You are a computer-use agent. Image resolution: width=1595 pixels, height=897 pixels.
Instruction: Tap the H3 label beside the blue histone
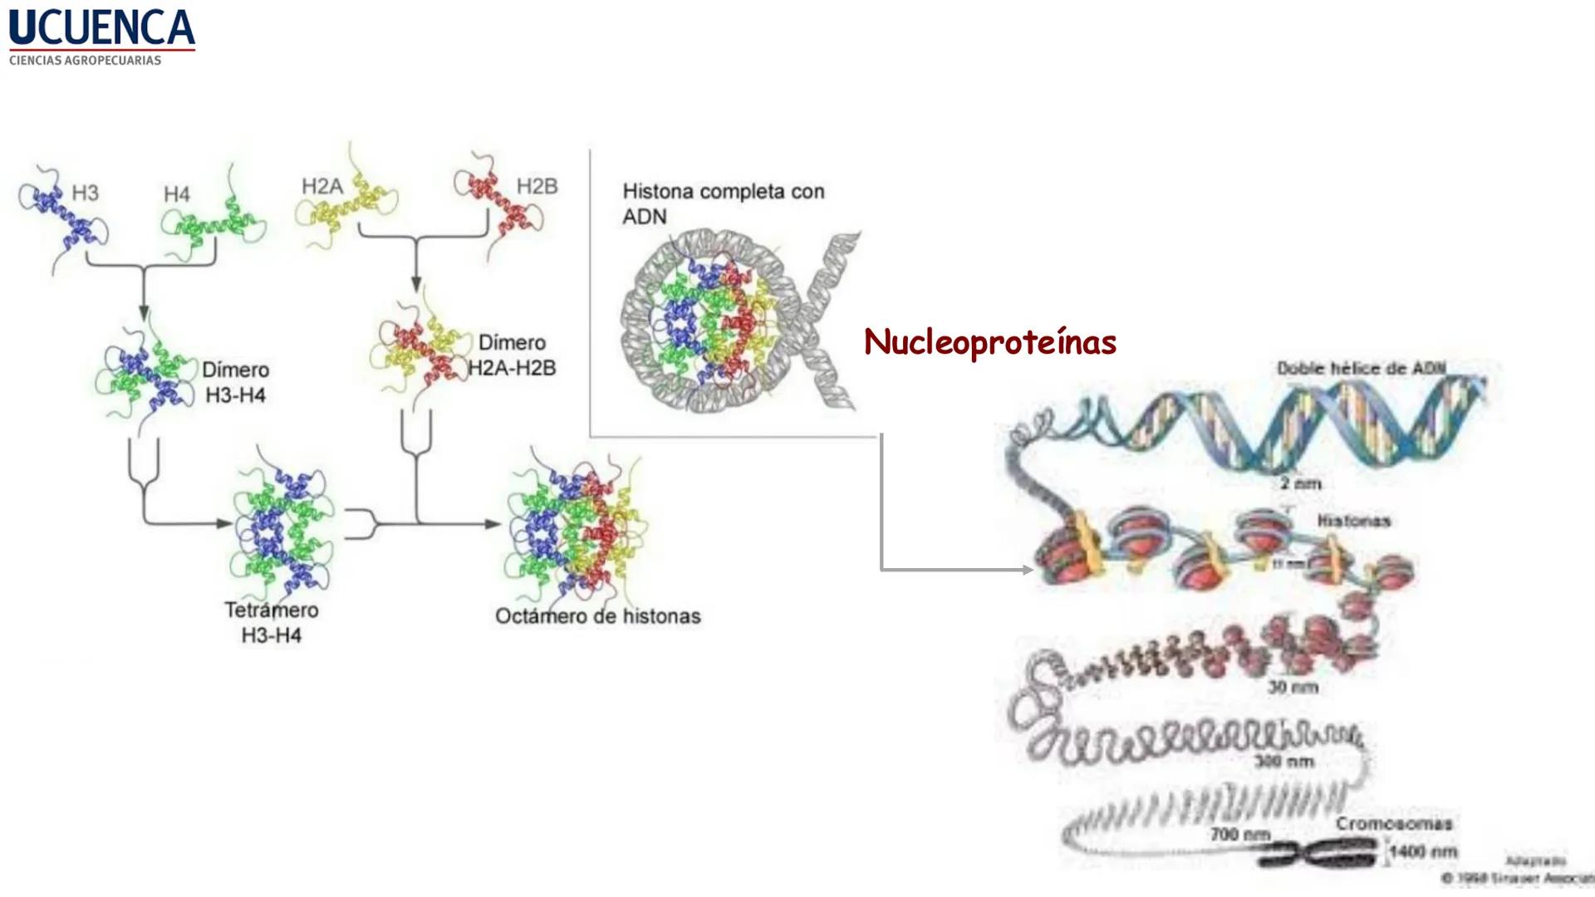point(85,193)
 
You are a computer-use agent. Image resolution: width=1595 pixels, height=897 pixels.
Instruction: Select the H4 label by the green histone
point(176,194)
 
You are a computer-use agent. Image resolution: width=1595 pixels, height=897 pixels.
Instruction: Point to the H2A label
point(321,186)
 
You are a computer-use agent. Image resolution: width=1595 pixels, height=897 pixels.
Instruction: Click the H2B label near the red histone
point(537,186)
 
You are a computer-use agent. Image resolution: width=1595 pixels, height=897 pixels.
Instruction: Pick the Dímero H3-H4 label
point(236,382)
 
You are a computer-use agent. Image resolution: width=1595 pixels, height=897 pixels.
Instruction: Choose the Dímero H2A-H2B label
point(512,355)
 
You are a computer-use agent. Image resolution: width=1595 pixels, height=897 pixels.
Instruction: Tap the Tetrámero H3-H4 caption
point(271,622)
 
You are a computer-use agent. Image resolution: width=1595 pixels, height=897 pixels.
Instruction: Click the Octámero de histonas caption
point(597,616)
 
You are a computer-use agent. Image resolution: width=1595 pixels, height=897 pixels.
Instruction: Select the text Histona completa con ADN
point(723,203)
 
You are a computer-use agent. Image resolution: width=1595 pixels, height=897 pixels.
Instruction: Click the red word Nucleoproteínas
point(989,342)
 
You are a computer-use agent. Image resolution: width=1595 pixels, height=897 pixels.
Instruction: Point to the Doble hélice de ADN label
point(1361,368)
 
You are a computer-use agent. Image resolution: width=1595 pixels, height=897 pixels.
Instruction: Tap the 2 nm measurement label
point(1300,483)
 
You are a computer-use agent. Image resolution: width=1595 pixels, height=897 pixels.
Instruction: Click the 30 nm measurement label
point(1293,687)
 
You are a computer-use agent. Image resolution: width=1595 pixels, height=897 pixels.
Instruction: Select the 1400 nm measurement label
point(1423,851)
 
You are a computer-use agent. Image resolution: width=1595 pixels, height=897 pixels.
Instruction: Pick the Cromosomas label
point(1394,824)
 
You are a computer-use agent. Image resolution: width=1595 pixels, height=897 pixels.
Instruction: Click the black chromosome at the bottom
point(1321,854)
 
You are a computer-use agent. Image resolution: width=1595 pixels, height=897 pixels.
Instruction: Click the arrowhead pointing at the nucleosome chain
point(1028,570)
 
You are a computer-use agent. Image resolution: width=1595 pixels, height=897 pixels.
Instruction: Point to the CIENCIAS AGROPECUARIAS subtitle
point(85,61)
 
